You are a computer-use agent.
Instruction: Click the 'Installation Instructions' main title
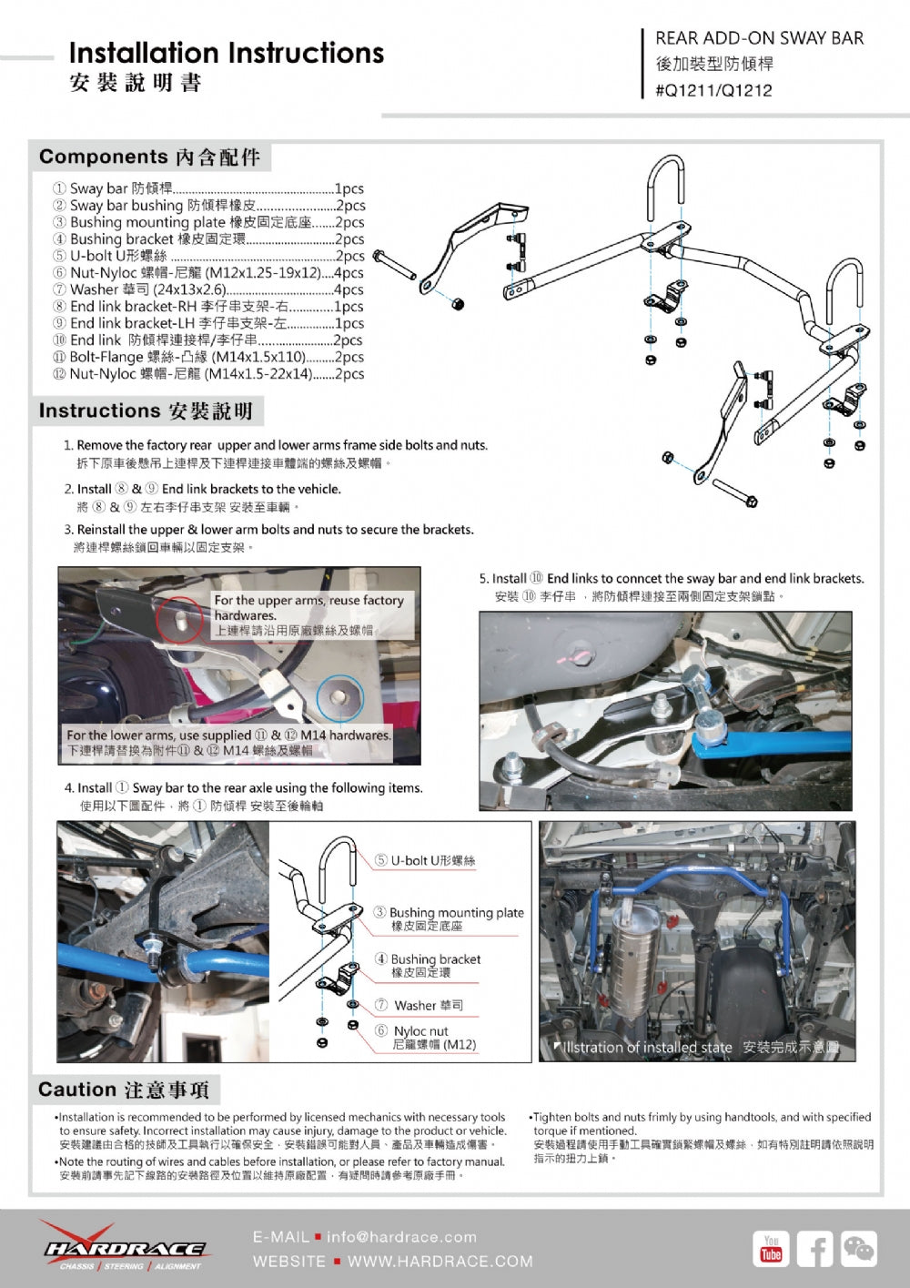pyautogui.click(x=226, y=54)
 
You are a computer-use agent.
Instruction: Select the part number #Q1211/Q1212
pyautogui.click(x=713, y=90)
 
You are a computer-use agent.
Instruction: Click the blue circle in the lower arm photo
pyautogui.click(x=339, y=697)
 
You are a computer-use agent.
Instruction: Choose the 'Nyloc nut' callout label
pyautogui.click(x=420, y=1031)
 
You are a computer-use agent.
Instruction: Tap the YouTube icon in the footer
pyautogui.click(x=771, y=1248)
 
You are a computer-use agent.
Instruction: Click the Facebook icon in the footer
pyautogui.click(x=814, y=1248)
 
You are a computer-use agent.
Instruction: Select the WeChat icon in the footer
pyautogui.click(x=858, y=1248)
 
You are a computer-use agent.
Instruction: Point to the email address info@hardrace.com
pyautogui.click(x=401, y=1237)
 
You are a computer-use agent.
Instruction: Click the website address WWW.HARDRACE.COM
pyautogui.click(x=440, y=1262)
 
